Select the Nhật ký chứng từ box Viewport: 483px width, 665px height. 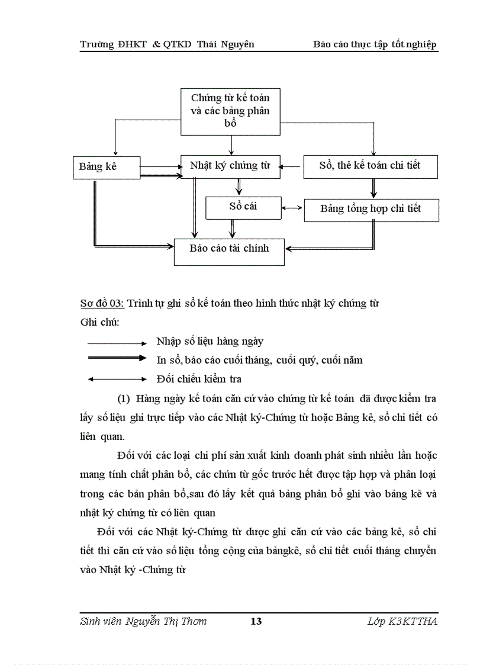tap(230, 166)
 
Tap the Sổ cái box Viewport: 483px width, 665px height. tap(243, 207)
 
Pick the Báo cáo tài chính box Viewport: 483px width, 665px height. tap(229, 249)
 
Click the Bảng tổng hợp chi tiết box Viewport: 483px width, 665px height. tap(371, 210)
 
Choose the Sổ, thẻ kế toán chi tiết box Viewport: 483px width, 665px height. tap(370, 166)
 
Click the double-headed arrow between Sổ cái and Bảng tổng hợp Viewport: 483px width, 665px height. tap(292, 208)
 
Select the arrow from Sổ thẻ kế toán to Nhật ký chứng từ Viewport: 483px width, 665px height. tap(292, 166)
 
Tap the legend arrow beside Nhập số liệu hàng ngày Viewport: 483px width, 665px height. tap(117, 343)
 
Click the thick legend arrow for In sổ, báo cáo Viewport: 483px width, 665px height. tap(117, 358)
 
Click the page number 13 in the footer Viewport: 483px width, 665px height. tap(256, 621)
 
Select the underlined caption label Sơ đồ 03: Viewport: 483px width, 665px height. tap(102, 304)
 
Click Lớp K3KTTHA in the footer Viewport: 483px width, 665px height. tap(402, 621)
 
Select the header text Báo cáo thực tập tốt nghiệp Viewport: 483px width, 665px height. tap(375, 44)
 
